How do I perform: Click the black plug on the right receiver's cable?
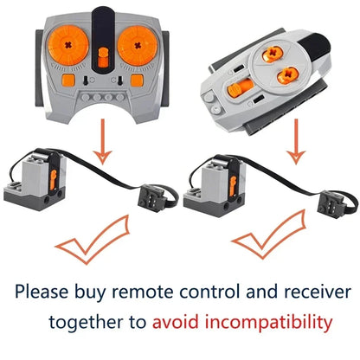[332, 206]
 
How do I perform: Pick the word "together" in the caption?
[96, 323]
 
